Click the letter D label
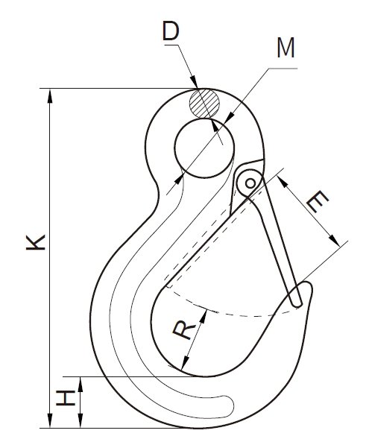coord(171,31)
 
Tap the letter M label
coord(286,48)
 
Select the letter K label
coord(36,242)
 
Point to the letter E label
coord(318,201)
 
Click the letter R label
coord(184,330)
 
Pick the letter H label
coord(66,398)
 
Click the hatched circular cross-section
coord(204,104)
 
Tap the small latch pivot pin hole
coord(250,183)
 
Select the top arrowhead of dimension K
coord(50,95)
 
